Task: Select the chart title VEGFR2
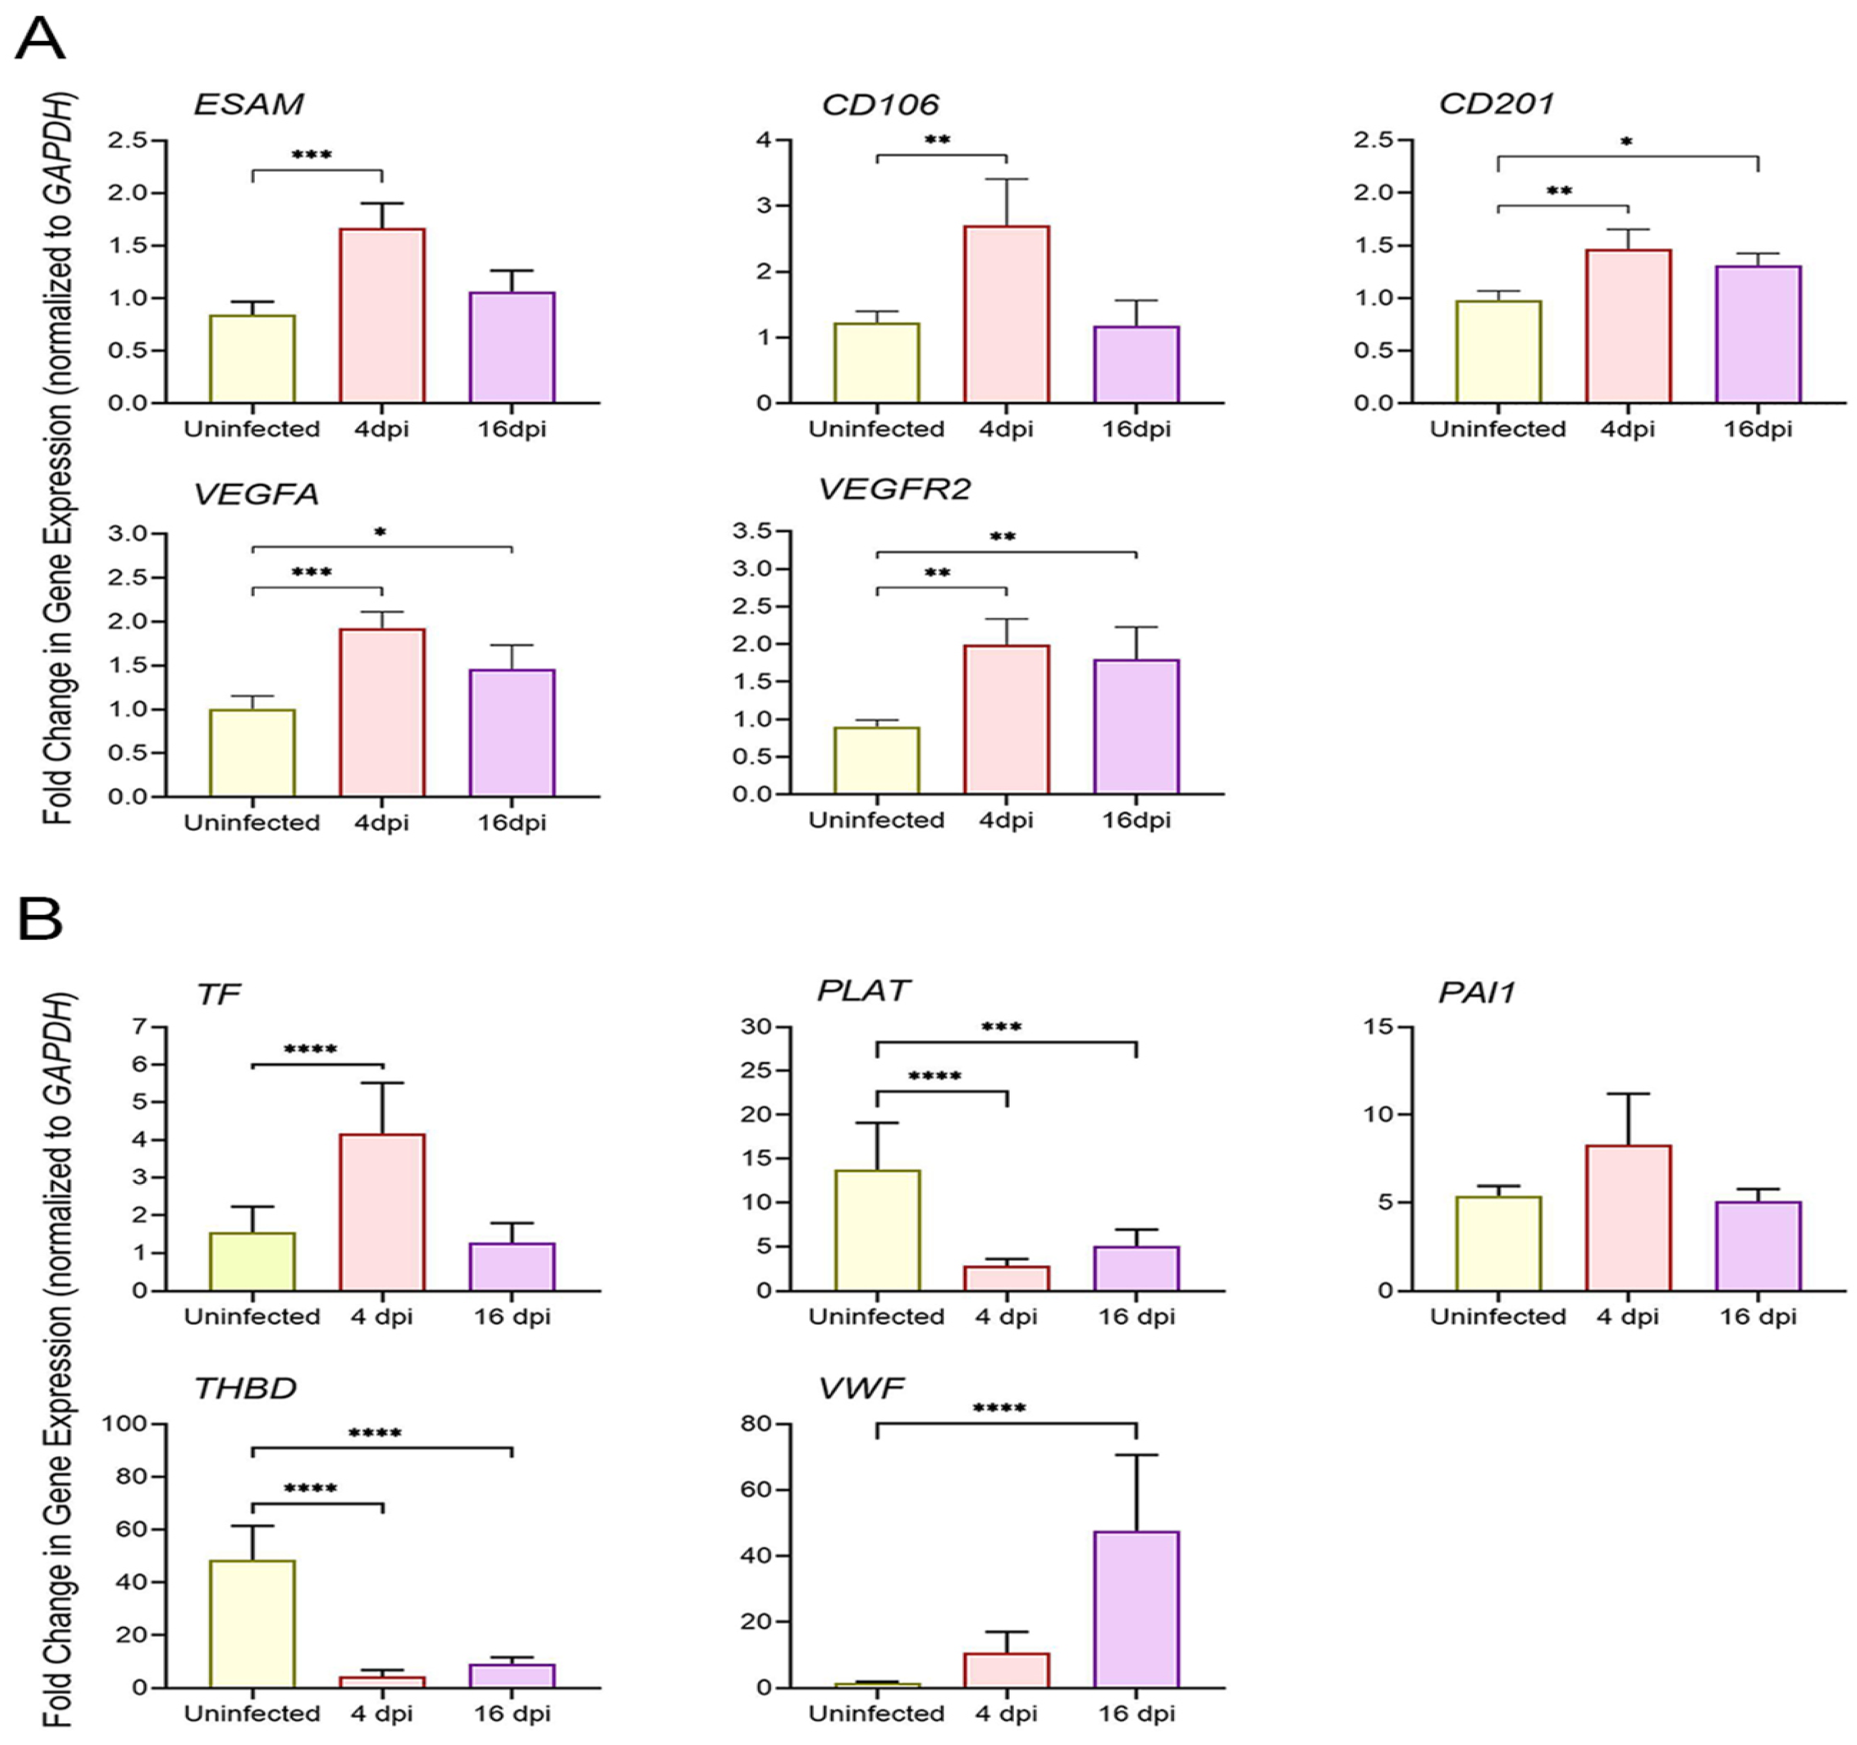[894, 489]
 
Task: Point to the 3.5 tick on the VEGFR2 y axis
[752, 531]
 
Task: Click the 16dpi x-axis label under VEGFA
[511, 823]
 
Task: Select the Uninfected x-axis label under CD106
[876, 429]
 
